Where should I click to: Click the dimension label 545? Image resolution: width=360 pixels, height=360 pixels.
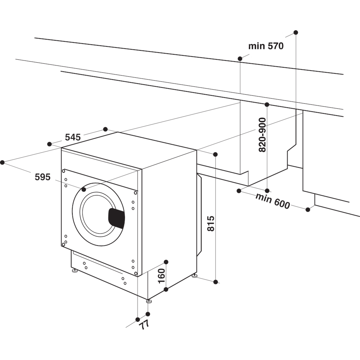point(72,137)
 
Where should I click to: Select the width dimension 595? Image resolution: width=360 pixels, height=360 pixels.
point(42,177)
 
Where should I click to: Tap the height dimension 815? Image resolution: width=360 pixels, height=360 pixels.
point(211,223)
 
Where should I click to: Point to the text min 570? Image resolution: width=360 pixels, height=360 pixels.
point(266,46)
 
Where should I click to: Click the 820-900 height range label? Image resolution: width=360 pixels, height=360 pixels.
point(262,135)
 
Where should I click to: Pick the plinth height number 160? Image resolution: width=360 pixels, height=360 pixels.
point(161,275)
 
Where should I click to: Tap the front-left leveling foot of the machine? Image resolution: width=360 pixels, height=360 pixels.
point(75,270)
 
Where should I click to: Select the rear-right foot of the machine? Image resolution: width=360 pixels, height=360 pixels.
point(194,276)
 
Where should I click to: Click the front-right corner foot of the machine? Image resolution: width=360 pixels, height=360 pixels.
point(149,301)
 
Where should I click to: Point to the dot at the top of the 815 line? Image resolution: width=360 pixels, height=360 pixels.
point(215,154)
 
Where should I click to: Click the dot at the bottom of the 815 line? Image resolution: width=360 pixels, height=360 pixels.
point(216,282)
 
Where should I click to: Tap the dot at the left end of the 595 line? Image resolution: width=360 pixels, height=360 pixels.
point(2,162)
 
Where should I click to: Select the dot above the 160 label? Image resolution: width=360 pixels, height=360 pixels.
point(166,262)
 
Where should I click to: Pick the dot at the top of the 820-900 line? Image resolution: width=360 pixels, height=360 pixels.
point(267,104)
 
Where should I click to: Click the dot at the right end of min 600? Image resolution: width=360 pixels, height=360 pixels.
point(308,210)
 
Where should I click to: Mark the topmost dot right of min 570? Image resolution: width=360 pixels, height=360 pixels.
point(296,32)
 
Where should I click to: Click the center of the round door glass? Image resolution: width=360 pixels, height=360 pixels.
point(97,214)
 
